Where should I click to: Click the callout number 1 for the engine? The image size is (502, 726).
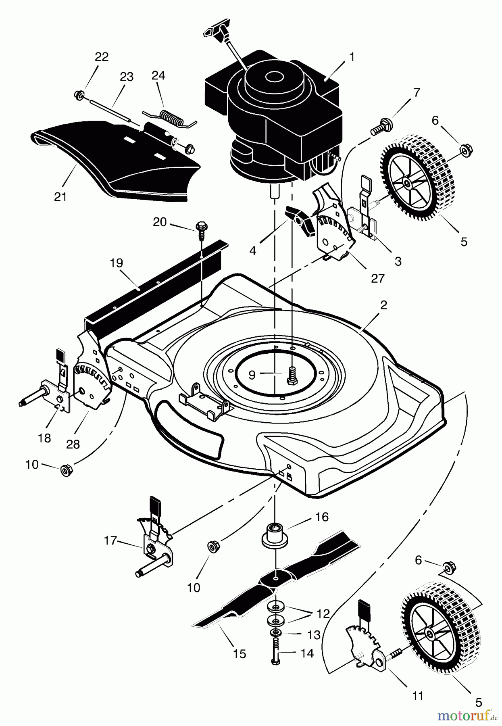point(352,57)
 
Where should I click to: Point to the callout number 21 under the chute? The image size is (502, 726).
point(60,197)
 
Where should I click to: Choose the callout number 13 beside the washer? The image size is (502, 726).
point(313,635)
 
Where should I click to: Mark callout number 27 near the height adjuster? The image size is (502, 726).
point(378,278)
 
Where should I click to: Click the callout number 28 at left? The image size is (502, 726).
point(73,444)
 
